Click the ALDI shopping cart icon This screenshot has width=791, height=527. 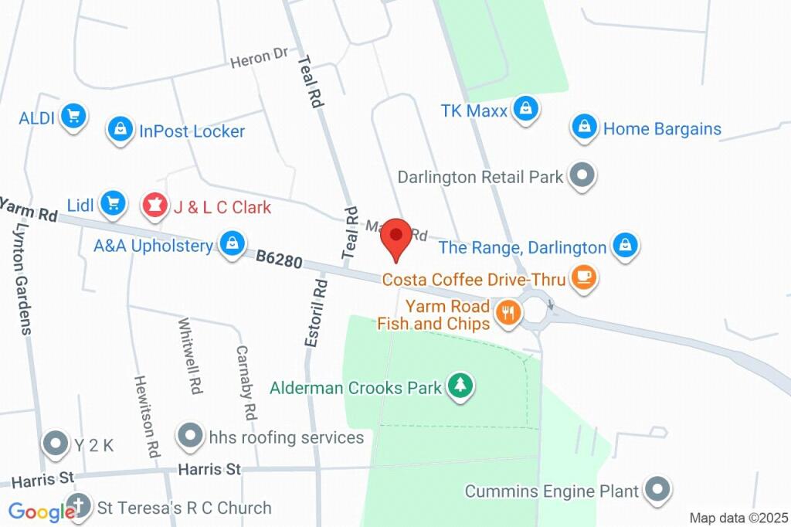[x=73, y=117]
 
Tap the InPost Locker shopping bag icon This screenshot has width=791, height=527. [x=121, y=129]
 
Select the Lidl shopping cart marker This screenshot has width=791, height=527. [x=114, y=203]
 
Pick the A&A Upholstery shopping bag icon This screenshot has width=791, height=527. [x=232, y=243]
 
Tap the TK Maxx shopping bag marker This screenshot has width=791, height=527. [x=525, y=109]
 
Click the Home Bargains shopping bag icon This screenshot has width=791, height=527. [x=585, y=127]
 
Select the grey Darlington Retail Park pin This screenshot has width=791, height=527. [x=582, y=175]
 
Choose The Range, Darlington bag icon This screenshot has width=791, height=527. [x=624, y=246]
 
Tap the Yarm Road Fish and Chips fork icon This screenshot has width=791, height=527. [x=508, y=312]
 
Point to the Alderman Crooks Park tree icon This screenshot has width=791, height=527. [x=460, y=385]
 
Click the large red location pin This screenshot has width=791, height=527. [x=398, y=236]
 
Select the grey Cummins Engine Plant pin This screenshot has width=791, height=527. [x=657, y=488]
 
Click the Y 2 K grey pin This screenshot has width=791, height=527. [x=56, y=444]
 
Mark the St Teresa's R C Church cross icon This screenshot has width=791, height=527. [x=78, y=507]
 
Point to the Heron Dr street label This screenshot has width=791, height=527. [x=259, y=58]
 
